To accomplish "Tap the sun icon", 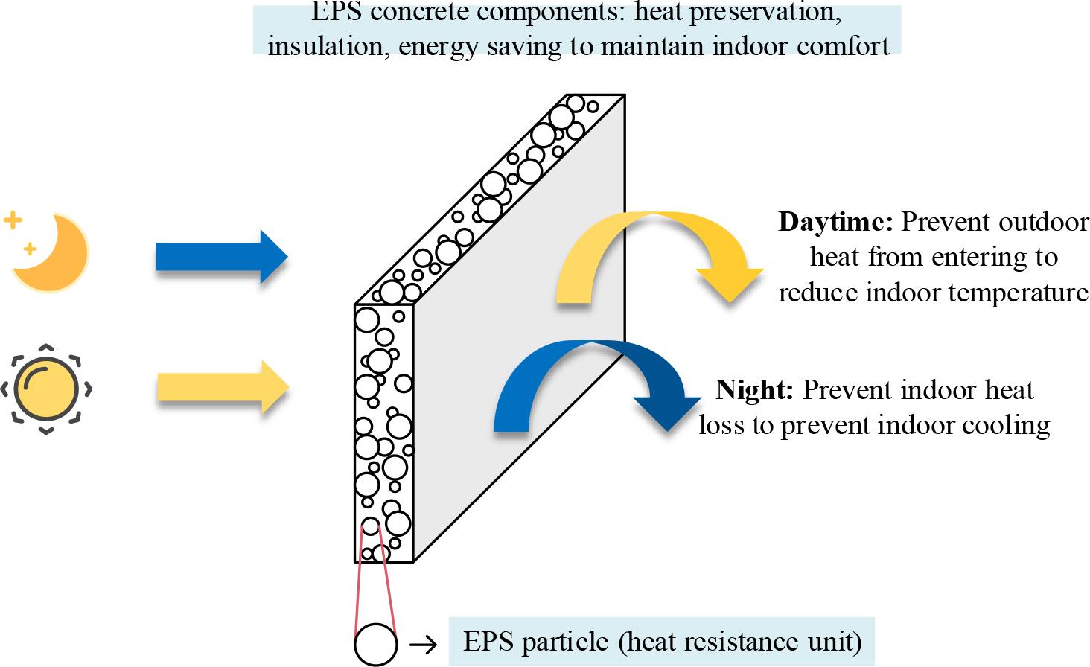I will [46, 389].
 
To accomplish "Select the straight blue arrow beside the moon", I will [221, 257].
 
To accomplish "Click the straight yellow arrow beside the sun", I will [222, 386].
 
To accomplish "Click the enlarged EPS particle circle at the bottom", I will [375, 644].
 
